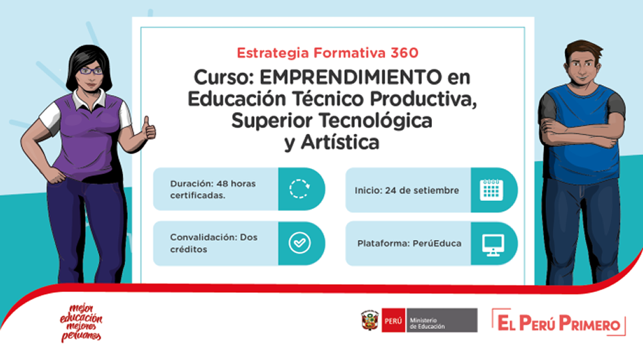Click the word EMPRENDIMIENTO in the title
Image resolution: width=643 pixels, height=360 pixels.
point(351,77)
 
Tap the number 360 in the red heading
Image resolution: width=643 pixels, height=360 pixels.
point(404,53)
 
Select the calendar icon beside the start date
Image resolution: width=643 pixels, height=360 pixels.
point(491,190)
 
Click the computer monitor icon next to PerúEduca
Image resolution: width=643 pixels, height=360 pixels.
point(493,245)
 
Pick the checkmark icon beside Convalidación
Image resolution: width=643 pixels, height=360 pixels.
point(299,243)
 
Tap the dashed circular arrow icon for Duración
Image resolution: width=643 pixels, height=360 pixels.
point(299,189)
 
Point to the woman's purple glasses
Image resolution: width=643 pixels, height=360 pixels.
point(90,71)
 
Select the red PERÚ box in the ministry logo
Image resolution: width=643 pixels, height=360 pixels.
point(393,320)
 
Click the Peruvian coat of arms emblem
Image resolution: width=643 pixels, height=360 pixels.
point(369,320)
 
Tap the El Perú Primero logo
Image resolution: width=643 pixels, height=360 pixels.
point(559,322)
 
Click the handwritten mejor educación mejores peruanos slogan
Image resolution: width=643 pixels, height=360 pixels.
point(81,323)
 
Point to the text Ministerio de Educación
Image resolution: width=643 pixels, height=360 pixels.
point(427,323)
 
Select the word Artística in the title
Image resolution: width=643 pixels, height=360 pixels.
point(340,142)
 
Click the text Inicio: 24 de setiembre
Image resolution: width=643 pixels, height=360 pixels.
point(407,191)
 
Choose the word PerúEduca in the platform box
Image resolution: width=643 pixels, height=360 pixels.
point(437,243)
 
